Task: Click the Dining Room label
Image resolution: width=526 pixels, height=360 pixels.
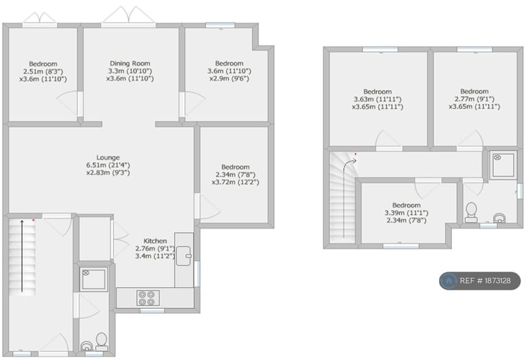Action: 130,64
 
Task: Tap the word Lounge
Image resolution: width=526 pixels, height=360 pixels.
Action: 108,157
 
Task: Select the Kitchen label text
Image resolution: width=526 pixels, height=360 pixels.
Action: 155,241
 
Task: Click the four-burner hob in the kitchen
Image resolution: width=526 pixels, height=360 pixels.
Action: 148,298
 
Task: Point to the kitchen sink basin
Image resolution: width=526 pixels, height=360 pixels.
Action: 184,256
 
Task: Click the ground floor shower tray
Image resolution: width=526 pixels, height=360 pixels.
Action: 94,278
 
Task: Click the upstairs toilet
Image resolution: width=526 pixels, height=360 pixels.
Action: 471,212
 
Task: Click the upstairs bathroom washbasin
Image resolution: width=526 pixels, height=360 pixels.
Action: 500,218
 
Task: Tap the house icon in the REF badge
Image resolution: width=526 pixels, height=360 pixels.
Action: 449,281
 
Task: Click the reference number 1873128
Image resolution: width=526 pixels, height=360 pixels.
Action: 494,281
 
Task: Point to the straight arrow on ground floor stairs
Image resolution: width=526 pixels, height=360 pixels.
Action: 22,256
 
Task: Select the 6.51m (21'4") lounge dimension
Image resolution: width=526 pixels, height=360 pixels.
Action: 108,165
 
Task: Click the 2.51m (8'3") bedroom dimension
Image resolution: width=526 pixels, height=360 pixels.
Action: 43,71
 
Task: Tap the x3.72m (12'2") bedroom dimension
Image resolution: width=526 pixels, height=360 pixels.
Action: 235,182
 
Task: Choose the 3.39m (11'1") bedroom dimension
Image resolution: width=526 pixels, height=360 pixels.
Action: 406,213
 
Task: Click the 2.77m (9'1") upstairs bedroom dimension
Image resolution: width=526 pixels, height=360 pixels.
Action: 475,99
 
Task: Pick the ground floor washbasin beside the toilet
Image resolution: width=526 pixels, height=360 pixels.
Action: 87,346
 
